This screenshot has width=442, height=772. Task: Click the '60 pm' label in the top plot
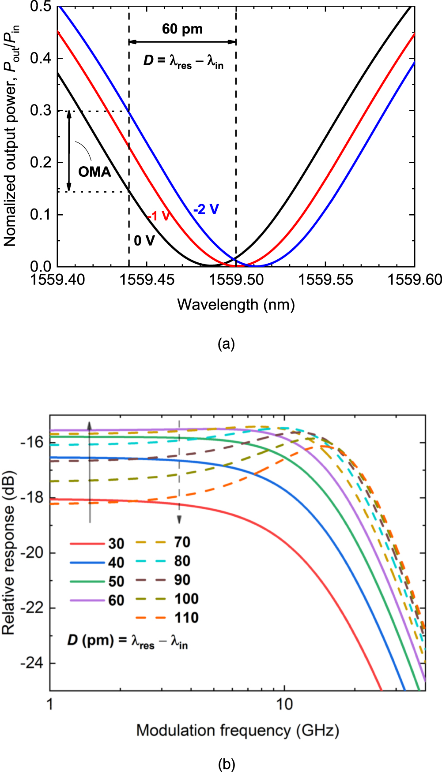click(182, 29)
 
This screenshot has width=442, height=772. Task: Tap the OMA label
click(94, 172)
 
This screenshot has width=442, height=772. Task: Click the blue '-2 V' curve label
click(206, 209)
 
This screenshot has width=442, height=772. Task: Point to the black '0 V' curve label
click(144, 241)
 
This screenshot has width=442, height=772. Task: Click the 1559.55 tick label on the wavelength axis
click(325, 280)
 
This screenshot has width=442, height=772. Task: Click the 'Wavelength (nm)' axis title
click(236, 305)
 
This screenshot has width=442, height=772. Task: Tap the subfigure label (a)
click(226, 343)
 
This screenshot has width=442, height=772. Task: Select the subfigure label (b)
click(226, 764)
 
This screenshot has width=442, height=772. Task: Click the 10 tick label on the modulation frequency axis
click(284, 704)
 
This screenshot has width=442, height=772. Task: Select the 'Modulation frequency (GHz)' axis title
click(238, 731)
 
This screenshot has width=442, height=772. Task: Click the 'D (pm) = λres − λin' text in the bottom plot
click(128, 641)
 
